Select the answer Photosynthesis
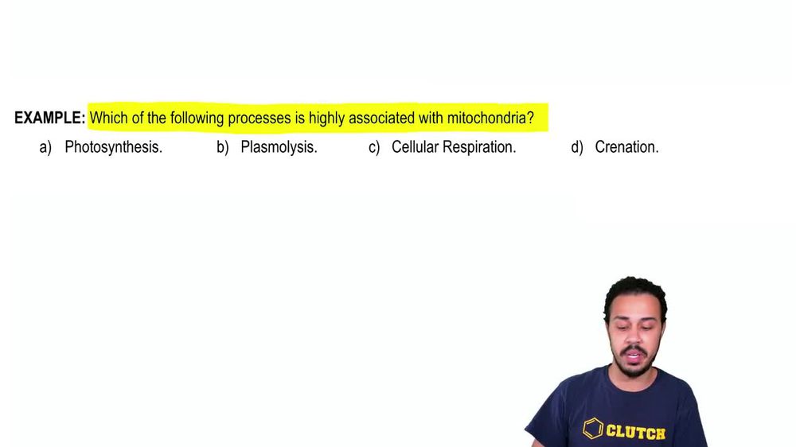pos(113,147)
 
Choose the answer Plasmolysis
pos(279,147)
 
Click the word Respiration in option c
pos(480,147)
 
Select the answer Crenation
pos(626,147)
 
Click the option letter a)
pos(45,147)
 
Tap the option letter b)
pos(222,147)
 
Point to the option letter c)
pos(374,147)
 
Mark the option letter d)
pos(577,147)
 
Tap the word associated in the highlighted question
pos(376,119)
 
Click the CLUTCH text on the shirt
pos(636,432)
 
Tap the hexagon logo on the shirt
pos(593,429)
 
